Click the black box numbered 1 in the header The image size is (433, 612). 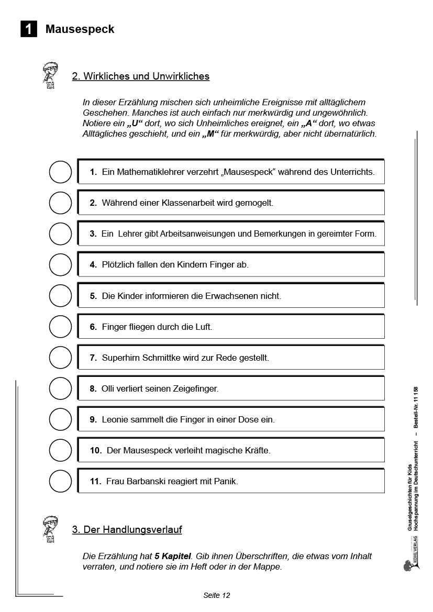(x=29, y=29)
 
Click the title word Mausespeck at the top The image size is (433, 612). (x=80, y=29)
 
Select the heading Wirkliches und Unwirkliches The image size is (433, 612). (x=140, y=76)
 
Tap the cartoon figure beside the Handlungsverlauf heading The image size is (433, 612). (x=51, y=529)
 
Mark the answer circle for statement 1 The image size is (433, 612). (x=60, y=172)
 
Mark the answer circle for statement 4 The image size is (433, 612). (x=60, y=264)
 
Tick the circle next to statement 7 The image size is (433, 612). (x=60, y=358)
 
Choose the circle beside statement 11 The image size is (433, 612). (x=60, y=481)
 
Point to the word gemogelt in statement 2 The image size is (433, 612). (x=253, y=203)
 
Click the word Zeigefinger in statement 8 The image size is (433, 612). (x=196, y=388)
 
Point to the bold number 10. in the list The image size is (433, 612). (x=96, y=450)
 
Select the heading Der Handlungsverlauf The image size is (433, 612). (x=127, y=530)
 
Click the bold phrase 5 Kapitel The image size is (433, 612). (x=173, y=556)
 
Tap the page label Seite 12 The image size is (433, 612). (x=216, y=595)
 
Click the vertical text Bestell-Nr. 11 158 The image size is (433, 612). (x=416, y=408)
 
